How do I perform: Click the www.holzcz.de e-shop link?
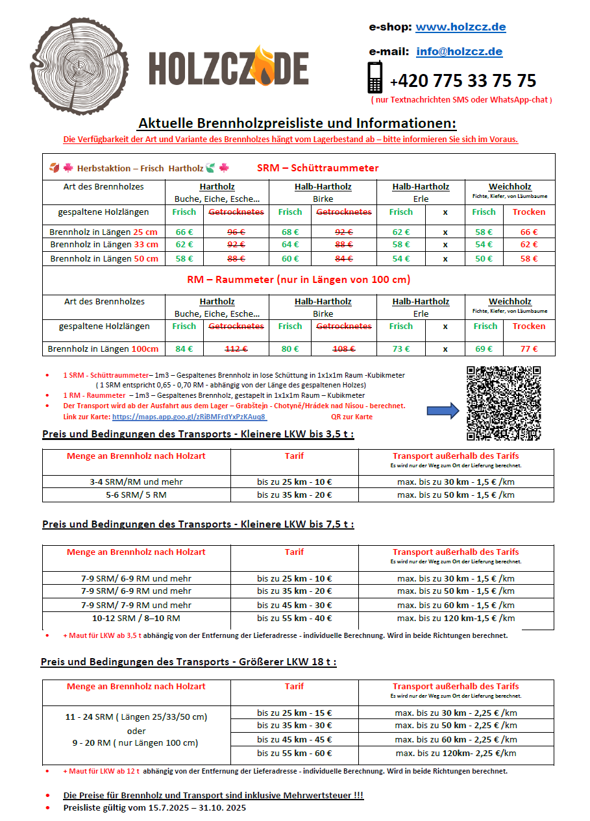pyautogui.click(x=460, y=27)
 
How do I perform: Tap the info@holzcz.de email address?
pyautogui.click(x=459, y=52)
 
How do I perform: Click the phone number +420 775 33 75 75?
pyautogui.click(x=463, y=81)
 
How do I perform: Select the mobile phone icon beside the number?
pyautogui.click(x=375, y=77)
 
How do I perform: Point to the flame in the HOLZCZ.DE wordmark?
pyautogui.click(x=264, y=64)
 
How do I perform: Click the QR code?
pyautogui.click(x=504, y=403)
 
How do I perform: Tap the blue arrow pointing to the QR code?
pyautogui.click(x=443, y=410)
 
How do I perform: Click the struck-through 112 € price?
pyautogui.click(x=236, y=349)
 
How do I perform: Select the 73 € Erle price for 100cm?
pyautogui.click(x=400, y=349)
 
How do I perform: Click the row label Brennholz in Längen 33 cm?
pyautogui.click(x=104, y=245)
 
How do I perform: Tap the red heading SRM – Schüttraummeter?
pyautogui.click(x=317, y=168)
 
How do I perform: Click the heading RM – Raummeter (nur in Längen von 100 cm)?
pyautogui.click(x=298, y=280)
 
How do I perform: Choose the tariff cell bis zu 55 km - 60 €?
pyautogui.click(x=294, y=754)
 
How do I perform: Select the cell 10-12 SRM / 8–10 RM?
pyautogui.click(x=136, y=619)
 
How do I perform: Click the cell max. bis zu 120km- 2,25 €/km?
pyautogui.click(x=456, y=754)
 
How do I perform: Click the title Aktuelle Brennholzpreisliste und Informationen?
pyautogui.click(x=297, y=123)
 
